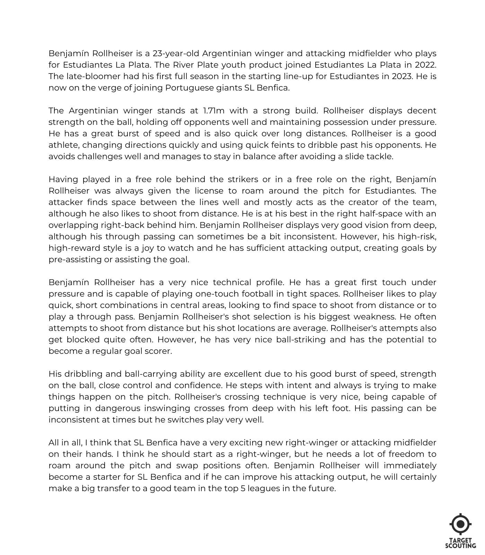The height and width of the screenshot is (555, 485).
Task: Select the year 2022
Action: (425, 65)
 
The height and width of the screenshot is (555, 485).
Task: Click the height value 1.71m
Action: (213, 111)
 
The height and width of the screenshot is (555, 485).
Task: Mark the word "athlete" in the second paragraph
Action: (63, 145)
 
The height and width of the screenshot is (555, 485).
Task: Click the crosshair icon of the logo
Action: (460, 524)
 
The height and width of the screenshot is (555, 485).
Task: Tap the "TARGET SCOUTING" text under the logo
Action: (460, 543)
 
